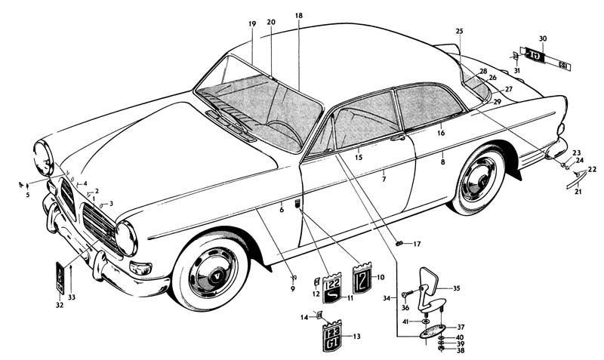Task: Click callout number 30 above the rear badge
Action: point(542,38)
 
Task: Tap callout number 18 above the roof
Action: point(299,16)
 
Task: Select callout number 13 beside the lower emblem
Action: point(356,337)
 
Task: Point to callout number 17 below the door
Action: point(417,244)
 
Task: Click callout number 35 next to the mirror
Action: point(456,288)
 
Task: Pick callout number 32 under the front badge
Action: point(60,306)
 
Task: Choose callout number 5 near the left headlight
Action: point(27,195)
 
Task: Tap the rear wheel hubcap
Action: point(478,180)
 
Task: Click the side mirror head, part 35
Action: point(433,283)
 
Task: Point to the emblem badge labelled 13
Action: point(333,337)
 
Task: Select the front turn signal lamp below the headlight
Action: point(140,268)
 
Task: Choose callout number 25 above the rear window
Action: point(459,30)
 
